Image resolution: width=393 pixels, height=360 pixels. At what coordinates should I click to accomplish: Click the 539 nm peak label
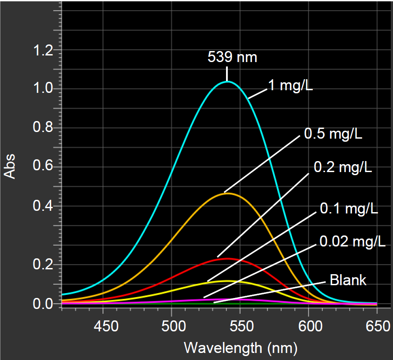(x=232, y=57)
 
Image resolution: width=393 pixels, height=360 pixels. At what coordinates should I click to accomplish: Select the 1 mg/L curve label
(x=290, y=85)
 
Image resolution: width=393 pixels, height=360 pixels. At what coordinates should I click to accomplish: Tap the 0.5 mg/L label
(x=333, y=134)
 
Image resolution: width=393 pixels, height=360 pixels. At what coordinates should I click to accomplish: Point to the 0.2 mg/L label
(x=343, y=168)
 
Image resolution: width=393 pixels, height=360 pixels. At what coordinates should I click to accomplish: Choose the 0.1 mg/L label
(x=349, y=209)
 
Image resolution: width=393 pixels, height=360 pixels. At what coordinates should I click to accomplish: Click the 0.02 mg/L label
(x=352, y=241)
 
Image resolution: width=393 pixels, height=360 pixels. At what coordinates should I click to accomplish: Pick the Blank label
(x=348, y=280)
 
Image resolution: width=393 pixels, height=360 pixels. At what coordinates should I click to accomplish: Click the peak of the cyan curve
(x=227, y=81)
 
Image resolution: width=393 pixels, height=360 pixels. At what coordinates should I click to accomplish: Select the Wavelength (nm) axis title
(x=240, y=348)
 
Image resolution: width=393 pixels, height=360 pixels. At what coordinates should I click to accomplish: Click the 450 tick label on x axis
(x=103, y=327)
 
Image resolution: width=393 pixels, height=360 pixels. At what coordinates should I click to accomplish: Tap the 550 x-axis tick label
(x=240, y=327)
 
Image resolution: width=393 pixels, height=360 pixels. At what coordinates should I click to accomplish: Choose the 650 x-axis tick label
(x=377, y=327)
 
